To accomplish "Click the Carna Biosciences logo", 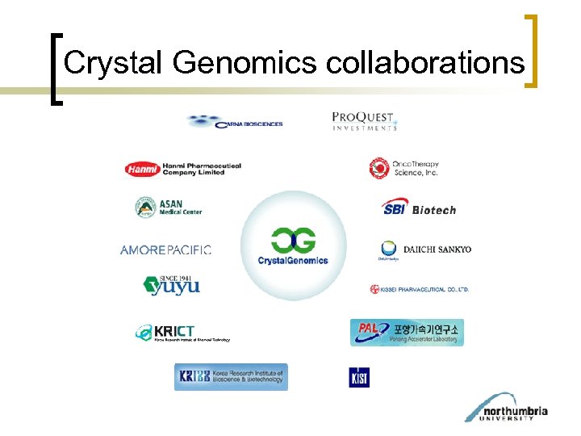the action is [235, 123].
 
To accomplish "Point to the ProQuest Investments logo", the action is [365, 121].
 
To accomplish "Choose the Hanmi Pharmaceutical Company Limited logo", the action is [183, 169].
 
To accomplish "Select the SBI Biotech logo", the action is [419, 208].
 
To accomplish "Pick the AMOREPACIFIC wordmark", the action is [165, 250].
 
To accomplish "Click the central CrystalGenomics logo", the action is [293, 245].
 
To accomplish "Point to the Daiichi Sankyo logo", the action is [425, 249].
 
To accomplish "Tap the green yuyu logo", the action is [171, 284].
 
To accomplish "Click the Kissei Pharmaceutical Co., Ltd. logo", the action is [419, 289].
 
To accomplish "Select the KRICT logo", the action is [182, 333].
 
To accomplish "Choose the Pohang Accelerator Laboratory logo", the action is [407, 332].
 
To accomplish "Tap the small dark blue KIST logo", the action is [359, 377].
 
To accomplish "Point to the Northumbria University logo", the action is [506, 408].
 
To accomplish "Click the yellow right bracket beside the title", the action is [532, 50].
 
